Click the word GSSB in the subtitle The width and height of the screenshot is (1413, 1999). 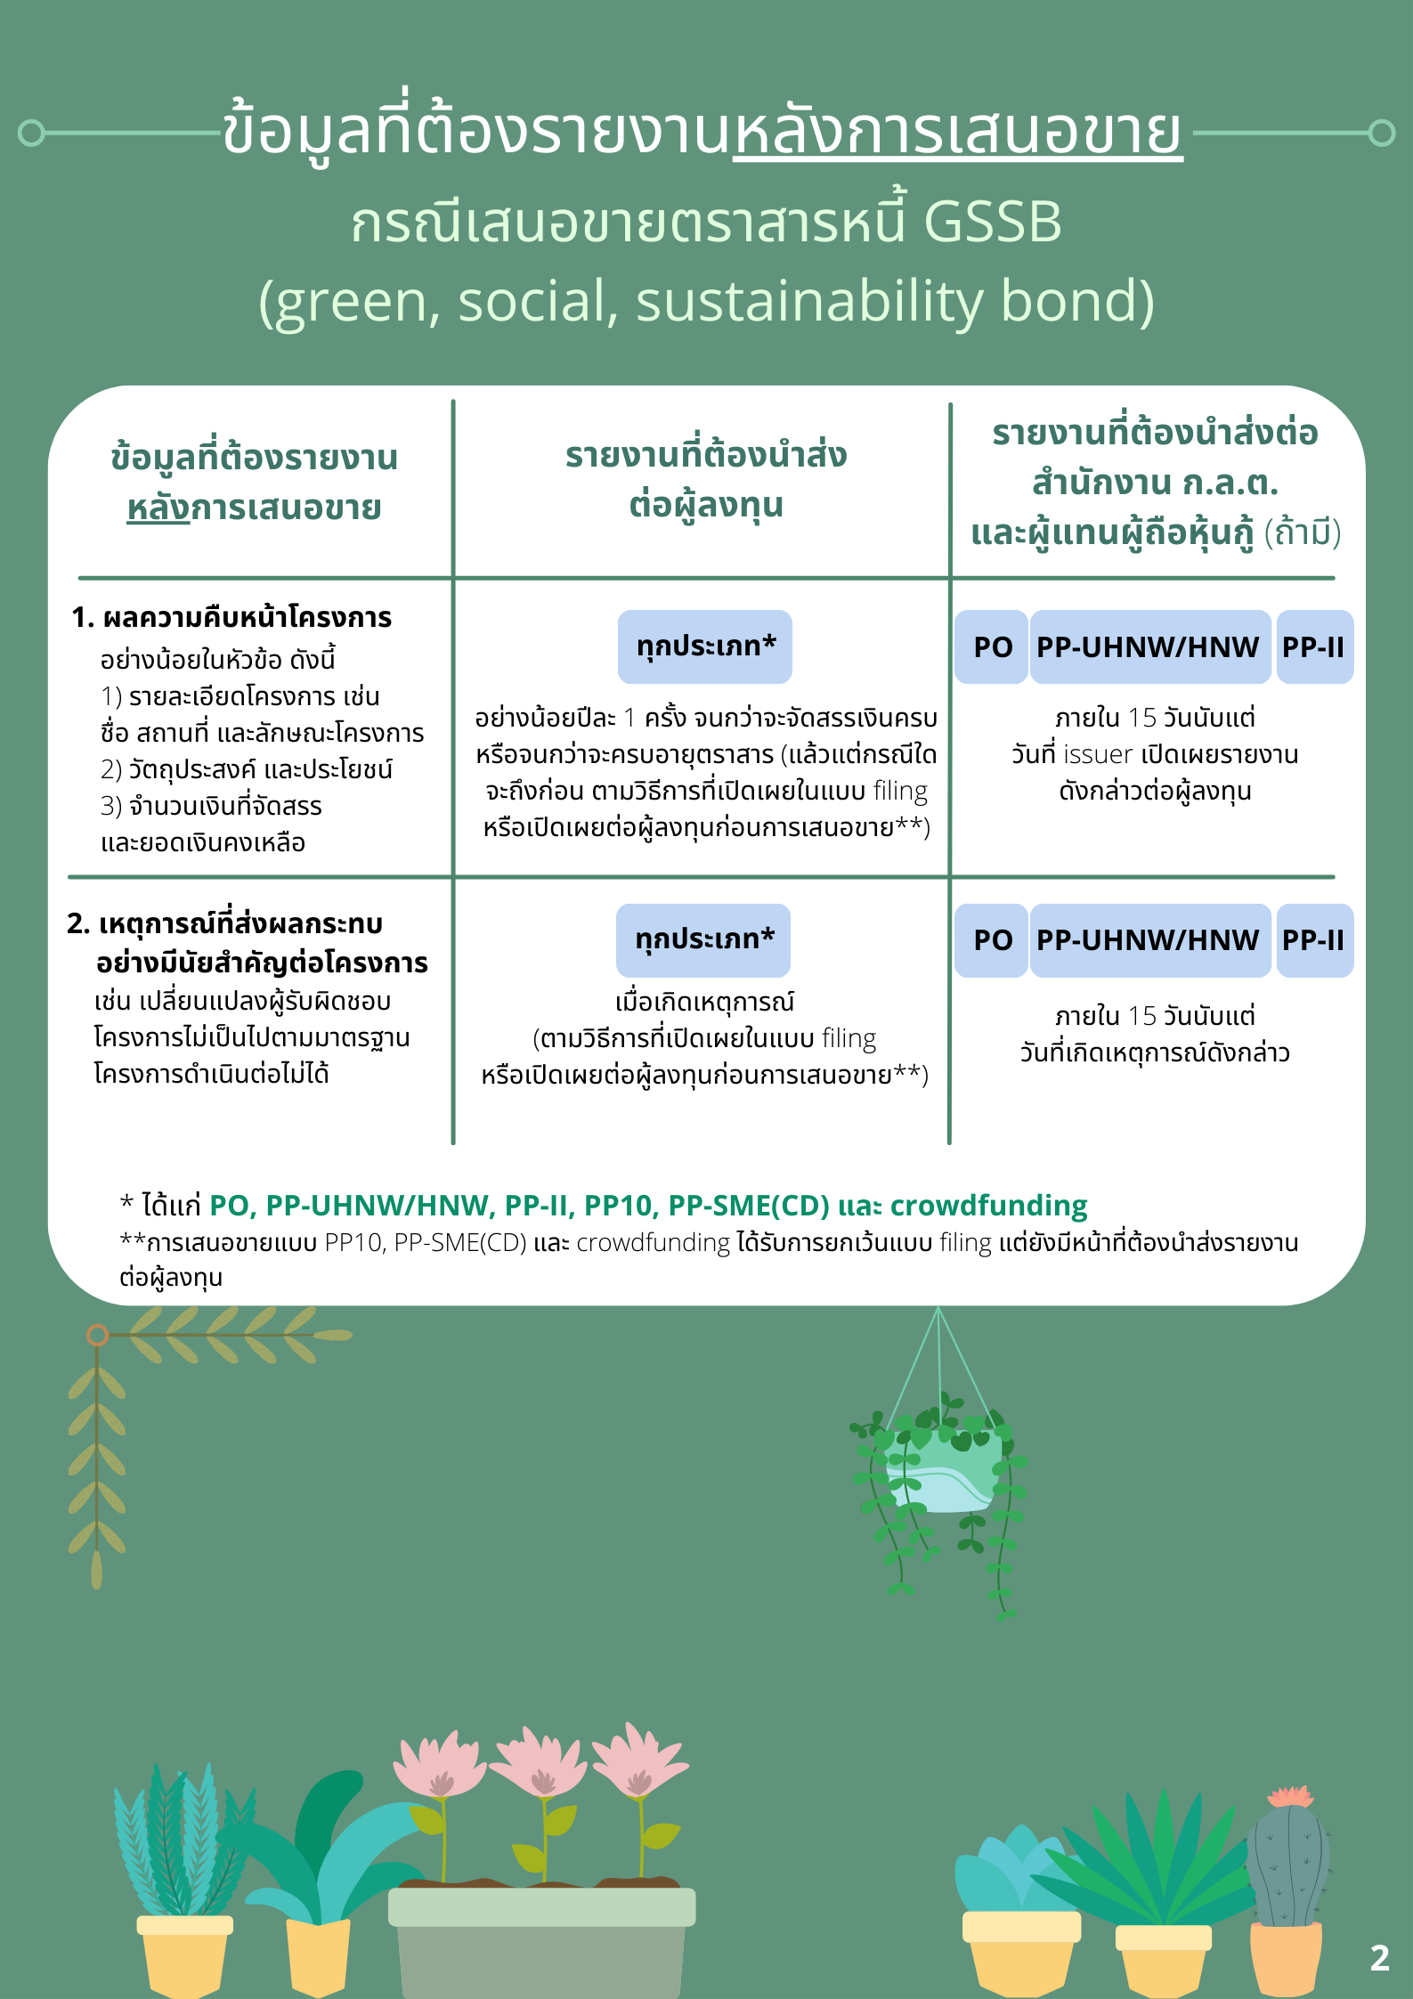click(x=993, y=222)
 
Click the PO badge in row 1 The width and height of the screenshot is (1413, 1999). click(x=992, y=647)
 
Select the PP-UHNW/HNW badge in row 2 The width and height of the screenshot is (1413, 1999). click(x=1149, y=940)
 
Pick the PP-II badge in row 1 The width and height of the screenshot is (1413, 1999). click(x=1313, y=647)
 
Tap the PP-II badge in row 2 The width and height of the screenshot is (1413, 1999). click(x=1313, y=940)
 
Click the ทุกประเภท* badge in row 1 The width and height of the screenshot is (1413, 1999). click(x=705, y=646)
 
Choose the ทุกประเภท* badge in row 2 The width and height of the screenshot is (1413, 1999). click(x=703, y=940)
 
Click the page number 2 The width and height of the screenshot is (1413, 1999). click(x=1379, y=1957)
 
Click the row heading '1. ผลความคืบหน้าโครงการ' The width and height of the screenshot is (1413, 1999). click(x=231, y=617)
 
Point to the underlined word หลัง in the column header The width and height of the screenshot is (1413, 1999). click(x=158, y=508)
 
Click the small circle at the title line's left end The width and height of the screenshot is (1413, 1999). click(x=31, y=134)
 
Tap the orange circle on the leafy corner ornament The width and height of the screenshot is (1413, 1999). click(x=98, y=1335)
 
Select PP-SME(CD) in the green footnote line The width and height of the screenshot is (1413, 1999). click(x=748, y=1206)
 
